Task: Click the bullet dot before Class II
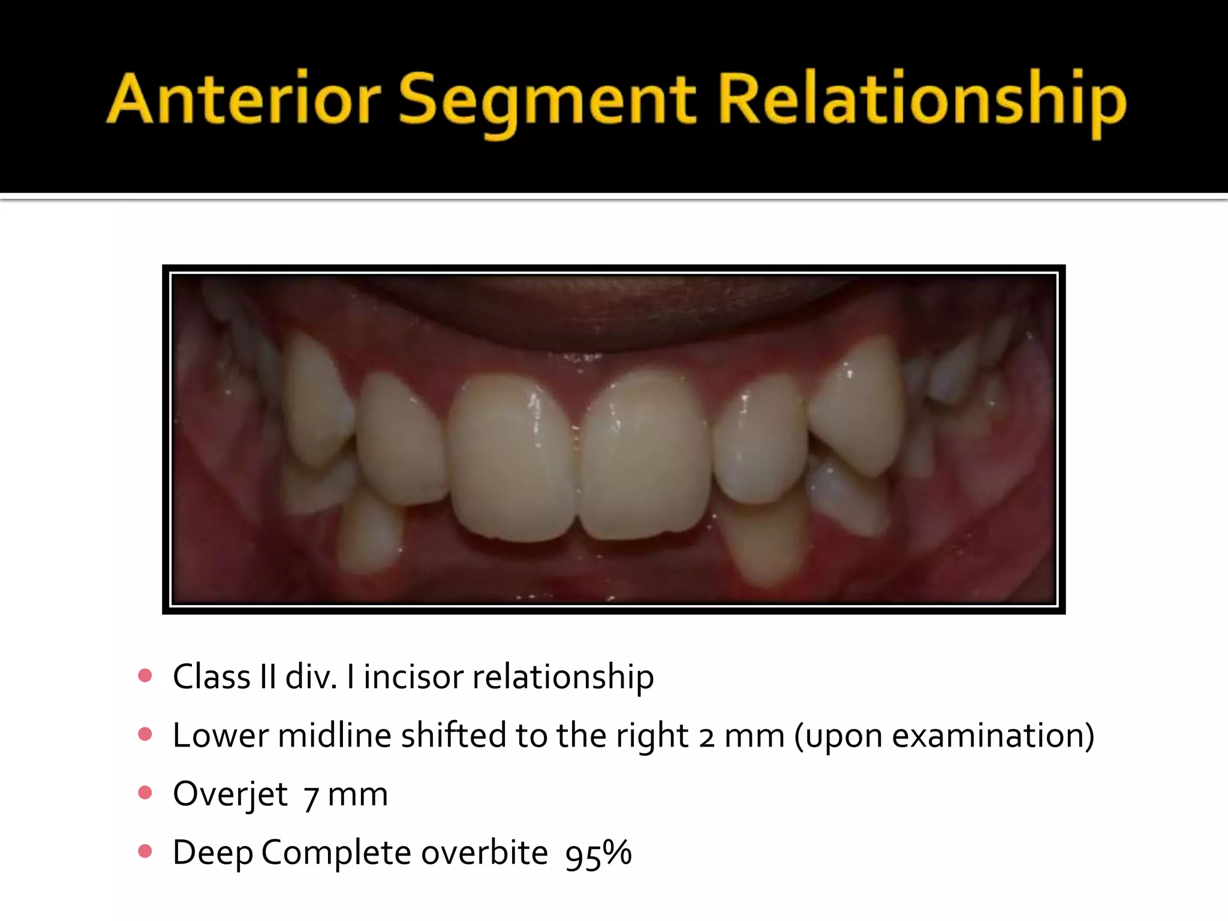pyautogui.click(x=145, y=676)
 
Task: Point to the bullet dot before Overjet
pyautogui.click(x=145, y=793)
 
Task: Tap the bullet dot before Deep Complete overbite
pyautogui.click(x=145, y=851)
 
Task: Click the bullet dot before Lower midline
pyautogui.click(x=145, y=735)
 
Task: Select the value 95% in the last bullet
pyautogui.click(x=598, y=853)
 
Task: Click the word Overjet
pyautogui.click(x=231, y=794)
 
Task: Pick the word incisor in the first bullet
pyautogui.click(x=413, y=677)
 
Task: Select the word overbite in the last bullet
pyautogui.click(x=484, y=852)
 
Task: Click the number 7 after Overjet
pyautogui.click(x=311, y=796)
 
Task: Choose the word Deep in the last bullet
pyautogui.click(x=212, y=853)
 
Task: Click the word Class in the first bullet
pyautogui.click(x=212, y=677)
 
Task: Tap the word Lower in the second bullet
pyautogui.click(x=220, y=736)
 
